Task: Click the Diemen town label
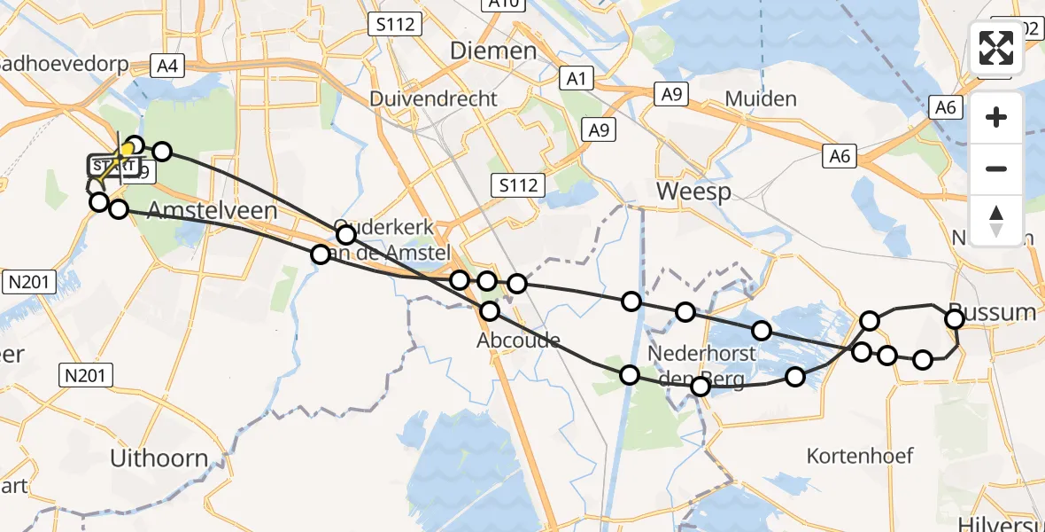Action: (x=493, y=51)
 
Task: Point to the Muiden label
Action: (x=761, y=98)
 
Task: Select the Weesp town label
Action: (x=693, y=192)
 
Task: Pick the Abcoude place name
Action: (x=518, y=340)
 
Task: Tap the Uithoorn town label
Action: (x=159, y=459)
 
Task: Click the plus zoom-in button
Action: (x=996, y=117)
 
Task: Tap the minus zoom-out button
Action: (x=996, y=168)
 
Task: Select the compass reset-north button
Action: (x=996, y=220)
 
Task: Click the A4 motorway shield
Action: (x=166, y=65)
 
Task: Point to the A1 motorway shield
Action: (x=577, y=80)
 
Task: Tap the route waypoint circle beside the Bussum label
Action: (x=955, y=319)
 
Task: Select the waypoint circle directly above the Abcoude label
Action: (x=490, y=311)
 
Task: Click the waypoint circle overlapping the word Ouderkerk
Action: (x=346, y=235)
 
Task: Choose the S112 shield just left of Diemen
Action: (x=394, y=24)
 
